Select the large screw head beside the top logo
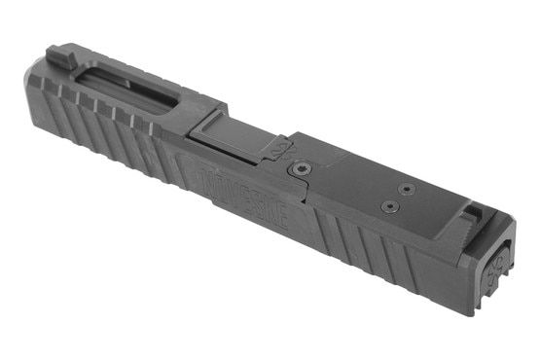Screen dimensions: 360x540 (x=300, y=169)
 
